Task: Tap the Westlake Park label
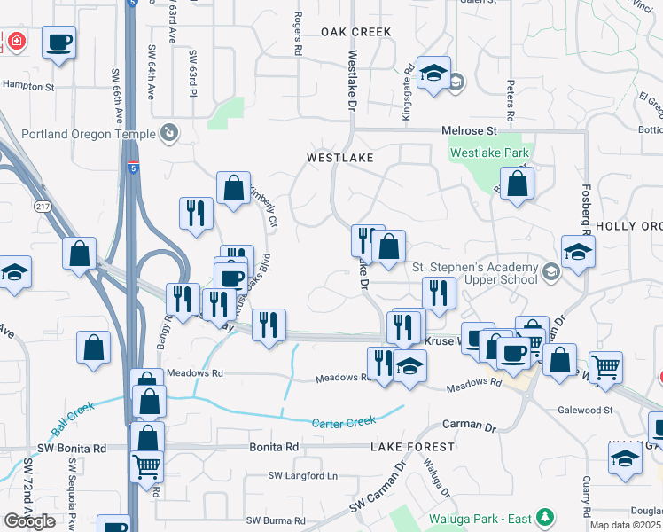tap(489, 153)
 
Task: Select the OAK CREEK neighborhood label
tap(355, 32)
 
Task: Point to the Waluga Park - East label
tap(480, 516)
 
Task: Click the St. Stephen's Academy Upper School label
tap(476, 273)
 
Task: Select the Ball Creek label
tap(72, 421)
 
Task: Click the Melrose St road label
tap(472, 131)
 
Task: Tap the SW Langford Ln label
tap(303, 476)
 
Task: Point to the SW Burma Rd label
tap(275, 520)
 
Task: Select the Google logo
tap(29, 521)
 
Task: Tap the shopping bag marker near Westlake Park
tap(517, 184)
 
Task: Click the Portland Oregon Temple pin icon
tap(169, 134)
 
